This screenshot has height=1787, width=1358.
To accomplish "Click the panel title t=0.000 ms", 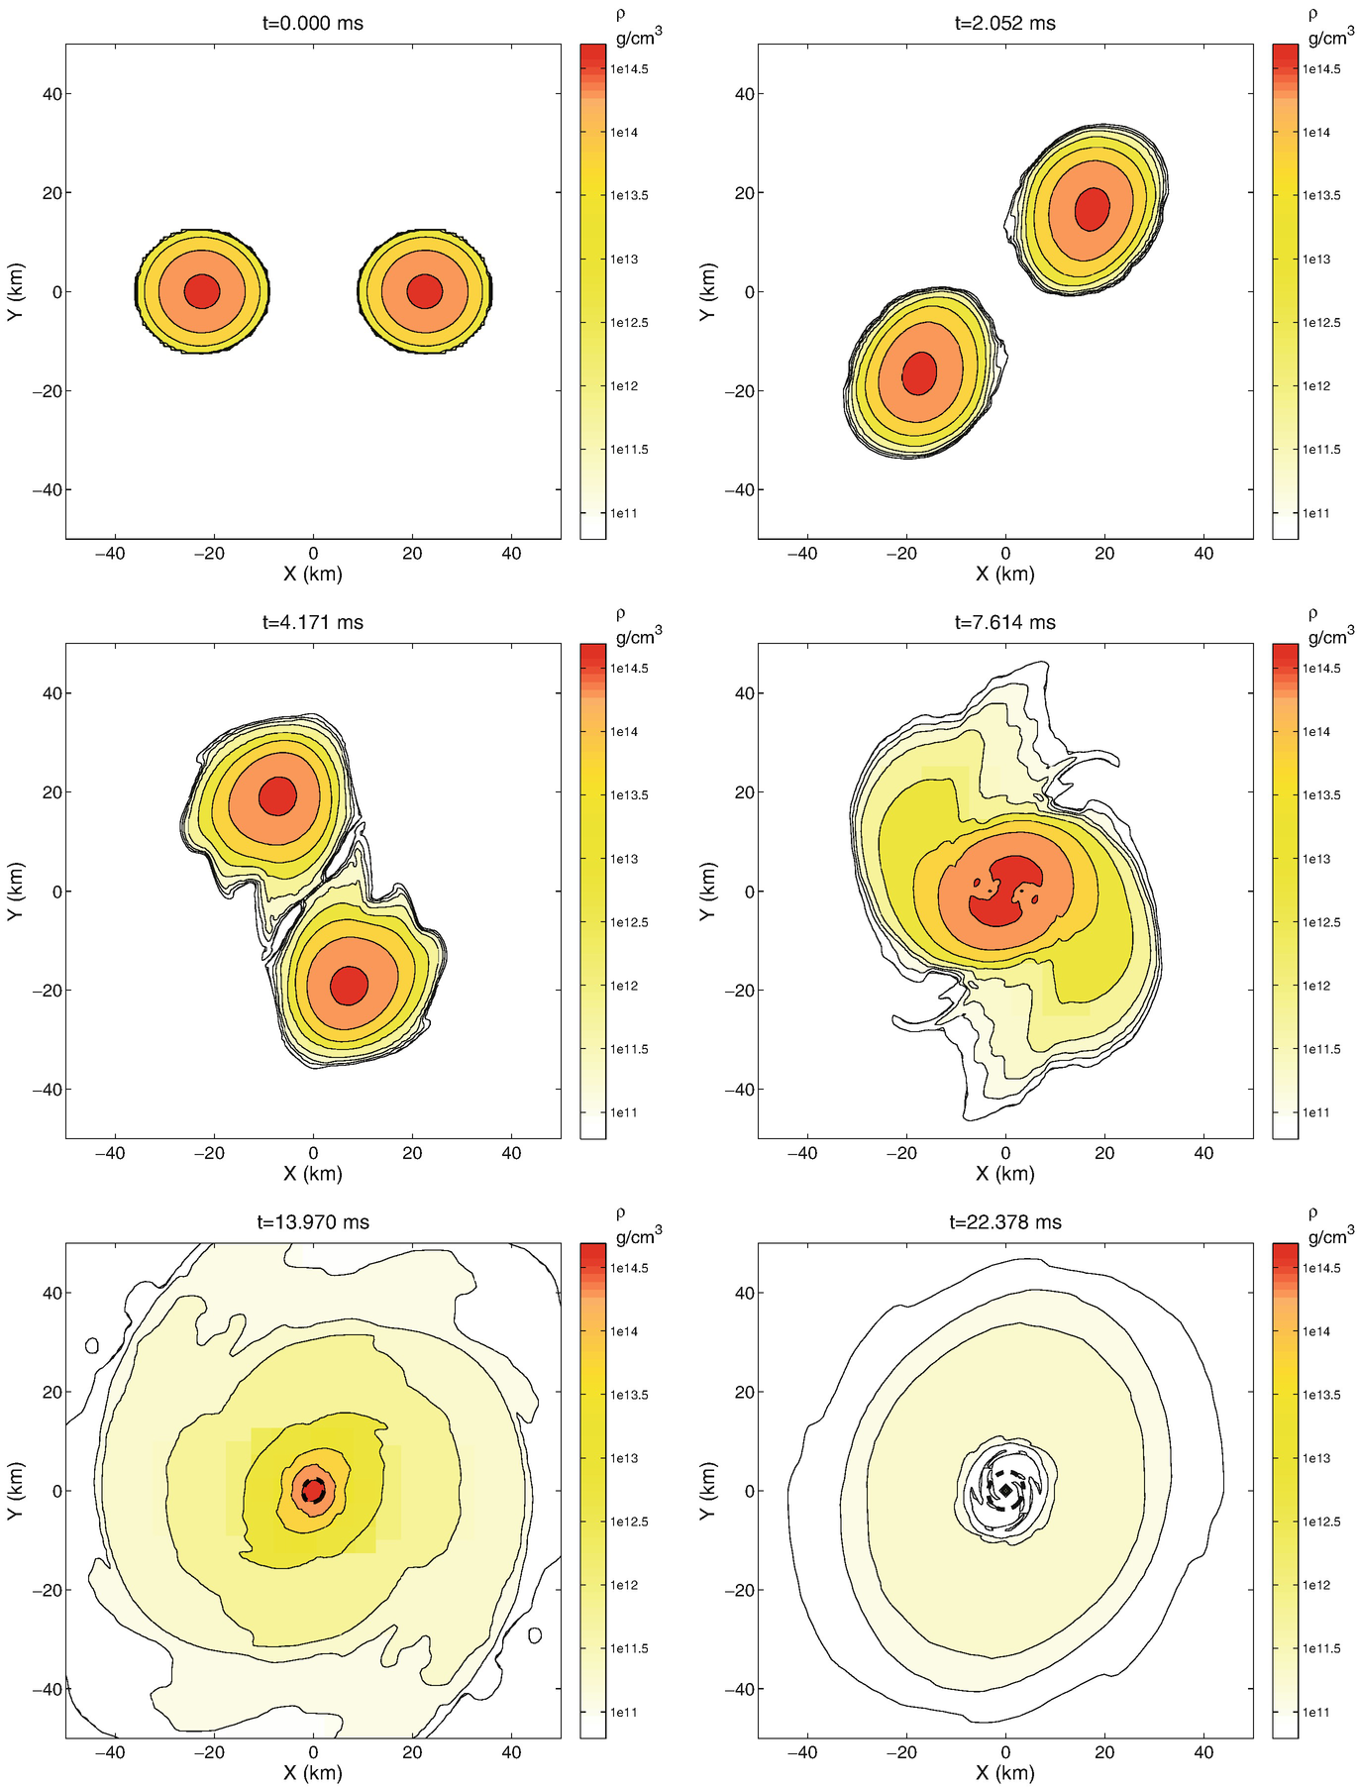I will [x=313, y=23].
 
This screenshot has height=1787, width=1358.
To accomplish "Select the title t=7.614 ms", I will [x=1005, y=622].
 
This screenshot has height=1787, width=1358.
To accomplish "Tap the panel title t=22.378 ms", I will [x=1005, y=1221].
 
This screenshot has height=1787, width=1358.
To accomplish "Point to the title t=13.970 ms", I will [x=313, y=1221].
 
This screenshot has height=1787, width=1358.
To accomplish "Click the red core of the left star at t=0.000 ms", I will [x=202, y=291].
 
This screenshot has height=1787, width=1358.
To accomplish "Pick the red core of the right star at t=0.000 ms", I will [x=425, y=291].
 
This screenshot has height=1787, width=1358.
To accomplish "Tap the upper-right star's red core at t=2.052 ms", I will [x=1092, y=209].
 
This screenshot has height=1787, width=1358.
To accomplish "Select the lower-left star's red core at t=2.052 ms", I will [x=919, y=373].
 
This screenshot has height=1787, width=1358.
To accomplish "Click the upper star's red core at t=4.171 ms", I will [x=277, y=795].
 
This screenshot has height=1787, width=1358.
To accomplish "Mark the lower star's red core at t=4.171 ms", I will [x=349, y=985].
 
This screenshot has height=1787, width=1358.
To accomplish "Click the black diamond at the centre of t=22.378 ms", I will [x=1005, y=1490].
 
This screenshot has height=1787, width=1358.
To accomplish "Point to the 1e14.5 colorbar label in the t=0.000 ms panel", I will [x=628, y=69].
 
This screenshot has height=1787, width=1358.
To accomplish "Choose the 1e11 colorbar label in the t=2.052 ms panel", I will [x=1316, y=513].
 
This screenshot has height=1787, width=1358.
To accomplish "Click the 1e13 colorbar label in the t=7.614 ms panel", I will [x=1316, y=859].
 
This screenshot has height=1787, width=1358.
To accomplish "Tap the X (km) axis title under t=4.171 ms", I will [x=313, y=1173].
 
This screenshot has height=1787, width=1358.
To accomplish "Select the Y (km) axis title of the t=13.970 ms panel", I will [x=15, y=1490].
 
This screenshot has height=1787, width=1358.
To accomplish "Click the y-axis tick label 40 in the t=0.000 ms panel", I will [x=52, y=94].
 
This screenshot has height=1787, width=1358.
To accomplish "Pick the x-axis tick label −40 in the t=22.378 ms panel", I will [x=802, y=1752].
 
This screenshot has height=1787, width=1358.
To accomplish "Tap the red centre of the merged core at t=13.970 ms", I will [x=313, y=1490].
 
